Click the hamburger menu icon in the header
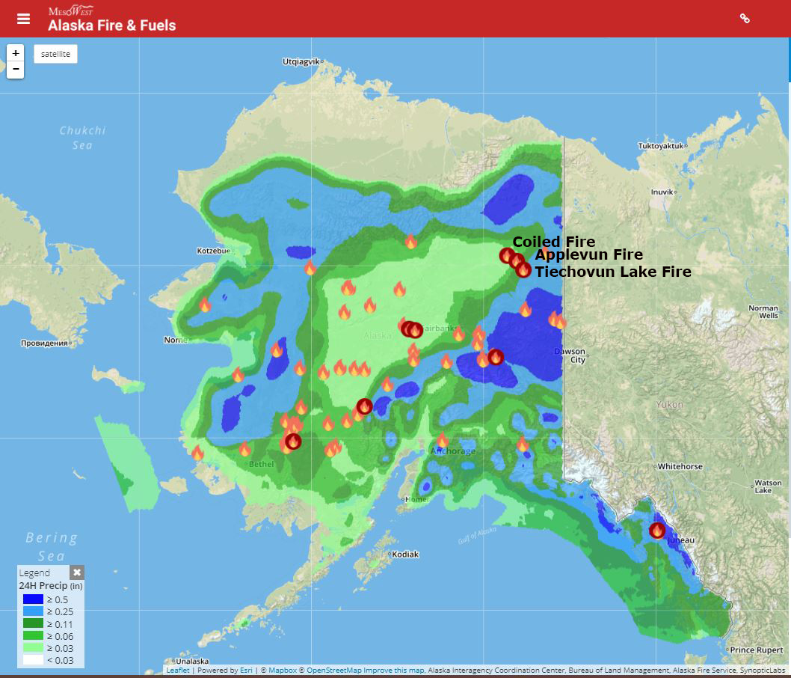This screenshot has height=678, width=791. pos(24,19)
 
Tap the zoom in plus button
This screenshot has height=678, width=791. pos(16,54)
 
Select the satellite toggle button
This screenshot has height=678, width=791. pos(55,54)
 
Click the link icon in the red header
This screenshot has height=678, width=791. pos(745,19)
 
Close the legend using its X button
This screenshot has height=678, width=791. pos(76,572)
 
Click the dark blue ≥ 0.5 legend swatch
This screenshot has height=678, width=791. pos(33,599)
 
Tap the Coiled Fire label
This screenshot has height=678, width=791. pos(553,242)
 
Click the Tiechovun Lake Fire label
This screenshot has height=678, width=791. pos(612,272)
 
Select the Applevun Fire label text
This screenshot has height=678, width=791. pos(588,255)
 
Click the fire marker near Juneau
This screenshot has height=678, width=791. pos(657,531)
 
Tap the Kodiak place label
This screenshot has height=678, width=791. pos(405,555)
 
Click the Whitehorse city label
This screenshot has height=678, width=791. pos(680,466)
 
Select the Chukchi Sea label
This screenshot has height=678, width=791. pos(83,138)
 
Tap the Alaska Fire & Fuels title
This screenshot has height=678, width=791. pos(112,25)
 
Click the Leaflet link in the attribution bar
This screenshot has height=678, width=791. pos(178,671)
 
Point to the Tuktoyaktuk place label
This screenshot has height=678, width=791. pos(662,146)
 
